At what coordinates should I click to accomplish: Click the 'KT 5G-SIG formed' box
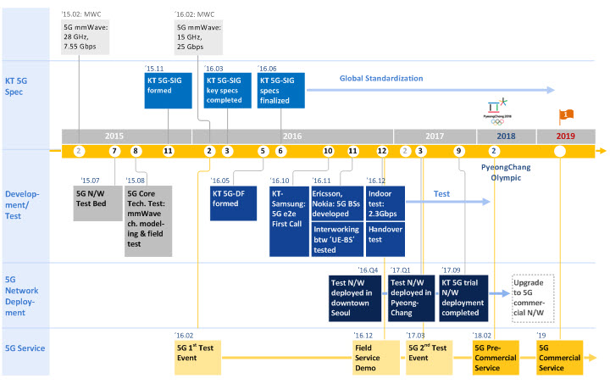168,90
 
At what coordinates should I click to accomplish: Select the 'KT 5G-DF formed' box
233,203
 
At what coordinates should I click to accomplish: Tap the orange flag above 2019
566,116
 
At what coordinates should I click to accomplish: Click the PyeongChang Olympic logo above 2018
497,111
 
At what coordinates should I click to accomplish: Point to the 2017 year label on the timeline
435,136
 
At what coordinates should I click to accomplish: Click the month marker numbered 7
114,151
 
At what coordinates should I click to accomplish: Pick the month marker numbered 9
458,151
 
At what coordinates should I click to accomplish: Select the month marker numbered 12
382,151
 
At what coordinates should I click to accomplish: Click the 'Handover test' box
385,239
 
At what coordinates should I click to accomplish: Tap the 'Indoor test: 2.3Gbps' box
385,203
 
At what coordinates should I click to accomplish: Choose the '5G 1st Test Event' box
197,358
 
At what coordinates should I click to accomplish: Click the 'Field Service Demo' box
376,358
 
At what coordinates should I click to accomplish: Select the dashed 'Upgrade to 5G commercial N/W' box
533,298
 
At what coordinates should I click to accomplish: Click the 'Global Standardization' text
381,78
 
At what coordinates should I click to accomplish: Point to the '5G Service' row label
25,348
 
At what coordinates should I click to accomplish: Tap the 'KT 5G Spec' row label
16,86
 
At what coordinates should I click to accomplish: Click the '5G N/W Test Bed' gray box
97,203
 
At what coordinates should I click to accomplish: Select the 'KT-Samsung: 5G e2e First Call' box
289,221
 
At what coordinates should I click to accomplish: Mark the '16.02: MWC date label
195,14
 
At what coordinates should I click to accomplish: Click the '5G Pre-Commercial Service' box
496,358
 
